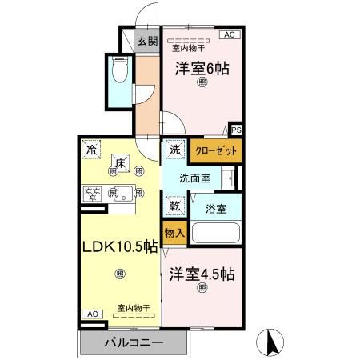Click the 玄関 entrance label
click(146, 42)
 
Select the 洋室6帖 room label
click(202, 69)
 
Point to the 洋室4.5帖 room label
click(201, 274)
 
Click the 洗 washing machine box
click(174, 150)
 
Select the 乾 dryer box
click(174, 206)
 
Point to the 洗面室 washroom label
click(194, 178)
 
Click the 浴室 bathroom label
click(215, 209)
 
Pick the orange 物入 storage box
click(174, 233)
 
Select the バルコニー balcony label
click(134, 343)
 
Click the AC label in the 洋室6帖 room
click(230, 35)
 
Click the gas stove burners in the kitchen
click(93, 193)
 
